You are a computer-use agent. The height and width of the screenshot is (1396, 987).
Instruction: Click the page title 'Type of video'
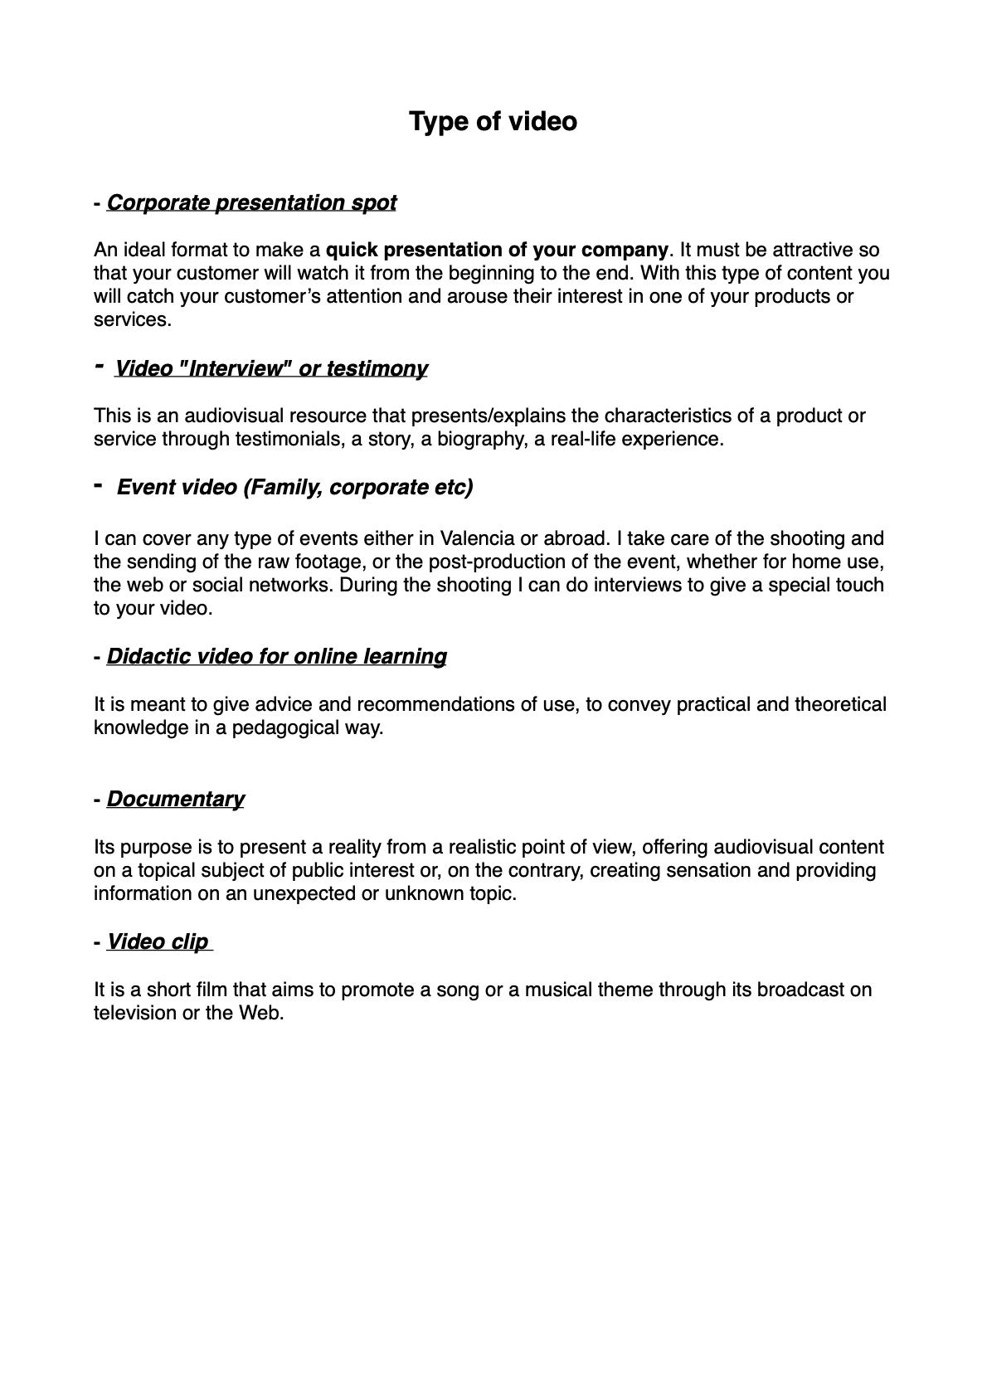pos(493,122)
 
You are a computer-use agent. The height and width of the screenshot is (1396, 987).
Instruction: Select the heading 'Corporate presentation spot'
pos(251,203)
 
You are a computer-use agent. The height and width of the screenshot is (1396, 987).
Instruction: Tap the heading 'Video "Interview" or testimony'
pos(270,368)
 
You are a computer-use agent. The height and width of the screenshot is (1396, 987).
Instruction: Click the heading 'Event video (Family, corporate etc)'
pos(294,487)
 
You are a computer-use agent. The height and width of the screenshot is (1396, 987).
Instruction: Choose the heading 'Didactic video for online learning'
pos(276,657)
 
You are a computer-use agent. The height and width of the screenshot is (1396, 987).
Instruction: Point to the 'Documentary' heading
pos(175,800)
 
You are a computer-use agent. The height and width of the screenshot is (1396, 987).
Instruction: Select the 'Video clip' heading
pos(158,942)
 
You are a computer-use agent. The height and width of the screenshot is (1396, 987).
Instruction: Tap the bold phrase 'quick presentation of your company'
pos(497,251)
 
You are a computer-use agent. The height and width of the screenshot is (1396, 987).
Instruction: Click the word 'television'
pos(134,1013)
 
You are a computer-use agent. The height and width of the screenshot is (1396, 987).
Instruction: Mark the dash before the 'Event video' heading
pos(99,485)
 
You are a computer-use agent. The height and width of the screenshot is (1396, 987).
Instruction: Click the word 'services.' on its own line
pos(133,320)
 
